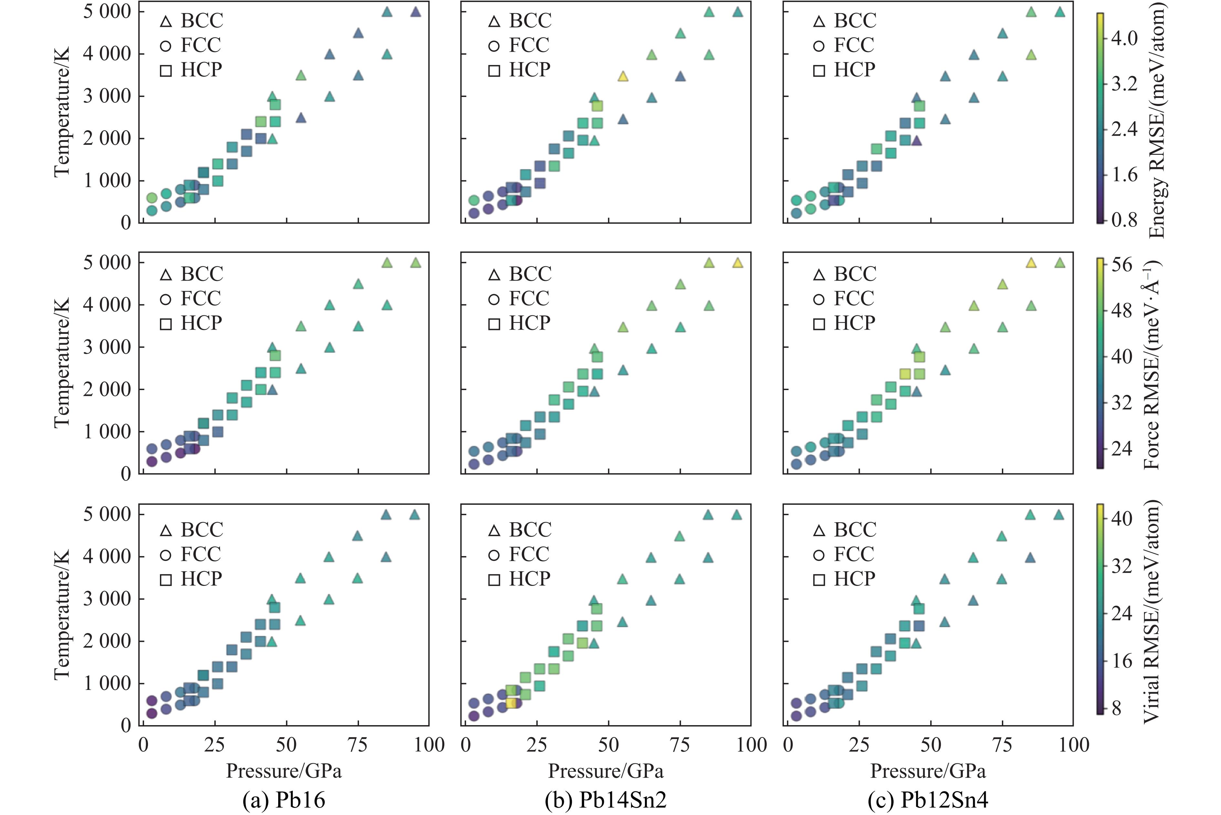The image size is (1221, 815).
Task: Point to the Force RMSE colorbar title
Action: point(1153,364)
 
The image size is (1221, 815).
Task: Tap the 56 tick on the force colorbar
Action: point(1122,265)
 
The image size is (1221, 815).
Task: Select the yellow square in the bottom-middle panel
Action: point(511,703)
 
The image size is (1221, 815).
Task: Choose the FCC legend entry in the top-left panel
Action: point(190,45)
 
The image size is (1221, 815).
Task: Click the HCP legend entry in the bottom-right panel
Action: point(844,578)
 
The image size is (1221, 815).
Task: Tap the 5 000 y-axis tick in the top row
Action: point(107,11)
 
